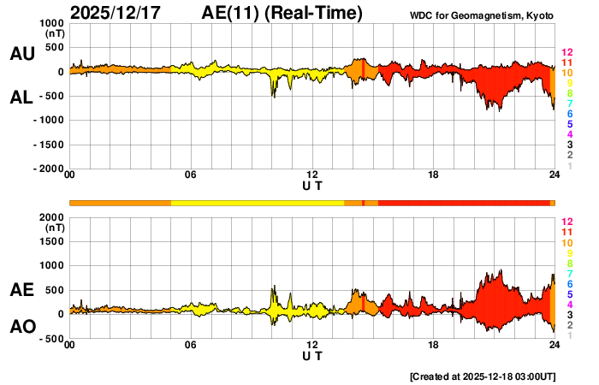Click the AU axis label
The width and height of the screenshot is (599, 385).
click(21, 54)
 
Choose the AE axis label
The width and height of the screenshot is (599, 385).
click(21, 291)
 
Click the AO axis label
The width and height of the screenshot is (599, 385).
click(21, 327)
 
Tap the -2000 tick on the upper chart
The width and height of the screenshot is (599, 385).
click(50, 169)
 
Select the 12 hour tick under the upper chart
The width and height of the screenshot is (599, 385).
click(312, 175)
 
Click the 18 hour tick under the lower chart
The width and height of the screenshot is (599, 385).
click(434, 345)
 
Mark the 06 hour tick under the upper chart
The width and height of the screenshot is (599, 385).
click(191, 175)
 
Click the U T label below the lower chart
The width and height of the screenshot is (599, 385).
click(312, 356)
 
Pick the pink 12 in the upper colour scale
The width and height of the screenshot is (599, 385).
click(566, 53)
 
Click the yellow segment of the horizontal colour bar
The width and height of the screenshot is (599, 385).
click(257, 203)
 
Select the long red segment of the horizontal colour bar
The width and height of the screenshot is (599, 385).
click(462, 203)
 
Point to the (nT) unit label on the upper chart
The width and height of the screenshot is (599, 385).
click(54, 35)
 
